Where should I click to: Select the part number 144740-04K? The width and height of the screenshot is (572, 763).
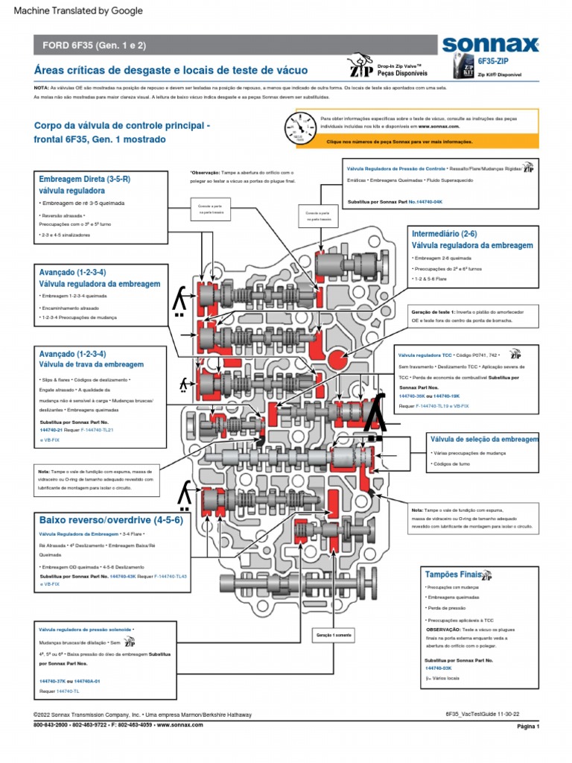click(428, 202)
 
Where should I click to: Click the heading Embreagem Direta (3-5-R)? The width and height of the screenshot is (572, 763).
click(84, 180)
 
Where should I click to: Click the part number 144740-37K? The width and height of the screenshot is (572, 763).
click(51, 681)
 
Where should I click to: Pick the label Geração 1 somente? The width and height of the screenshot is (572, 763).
click(332, 634)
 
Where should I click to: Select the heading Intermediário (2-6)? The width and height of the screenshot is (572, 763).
click(444, 234)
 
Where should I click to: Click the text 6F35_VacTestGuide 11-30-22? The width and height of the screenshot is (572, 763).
click(480, 714)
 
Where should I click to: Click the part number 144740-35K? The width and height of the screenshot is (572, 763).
click(414, 396)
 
